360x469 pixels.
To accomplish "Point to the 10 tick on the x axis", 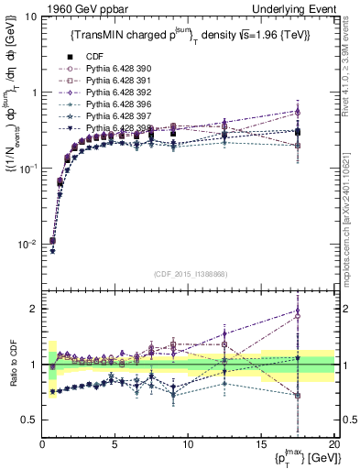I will (188, 444).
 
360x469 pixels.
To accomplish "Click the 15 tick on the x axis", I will (260, 444).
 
